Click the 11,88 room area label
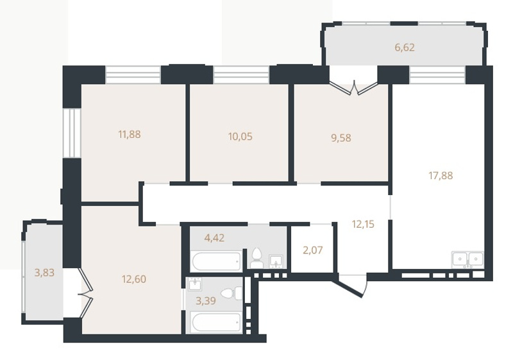pyautogui.click(x=130, y=134)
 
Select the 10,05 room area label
pyautogui.click(x=240, y=136)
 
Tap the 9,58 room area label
pyautogui.click(x=341, y=138)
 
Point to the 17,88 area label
pyautogui.click(x=441, y=175)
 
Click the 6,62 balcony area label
pyautogui.click(x=405, y=47)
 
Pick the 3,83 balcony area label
pyautogui.click(x=44, y=272)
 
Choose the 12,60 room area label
pyautogui.click(x=134, y=279)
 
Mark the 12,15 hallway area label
pyautogui.click(x=363, y=224)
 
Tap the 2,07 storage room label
pyautogui.click(x=313, y=250)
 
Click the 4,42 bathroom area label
pyautogui.click(x=214, y=237)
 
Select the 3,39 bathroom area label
pyautogui.click(x=205, y=300)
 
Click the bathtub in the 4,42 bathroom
pyautogui.click(x=216, y=261)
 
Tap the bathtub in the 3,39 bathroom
pyautogui.click(x=217, y=323)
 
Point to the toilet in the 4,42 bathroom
pyautogui.click(x=257, y=258)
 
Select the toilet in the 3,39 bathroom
pyautogui.click(x=231, y=293)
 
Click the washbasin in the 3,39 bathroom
pyautogui.click(x=196, y=284)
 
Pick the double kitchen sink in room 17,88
pyautogui.click(x=467, y=260)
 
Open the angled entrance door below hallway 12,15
pyautogui.click(x=351, y=286)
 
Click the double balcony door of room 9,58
pyautogui.click(x=353, y=86)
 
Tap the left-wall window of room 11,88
pyautogui.click(x=72, y=133)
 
